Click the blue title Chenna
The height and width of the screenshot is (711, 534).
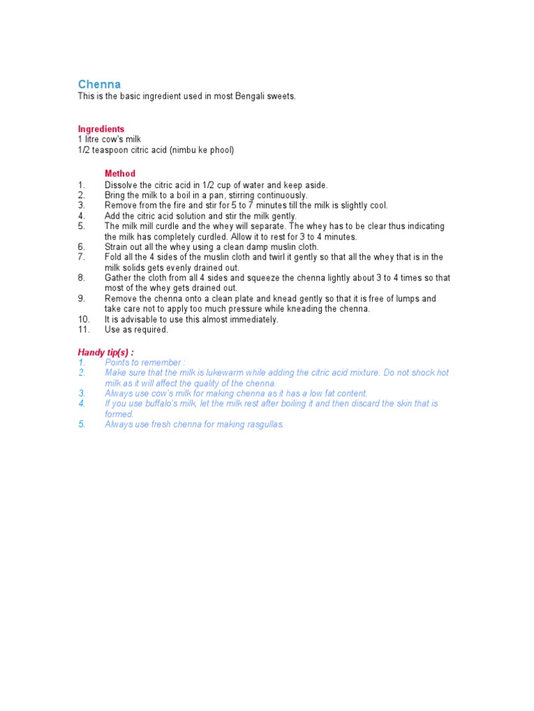pyautogui.click(x=99, y=84)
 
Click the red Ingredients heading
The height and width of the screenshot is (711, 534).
pyautogui.click(x=101, y=129)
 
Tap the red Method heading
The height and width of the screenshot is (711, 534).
pyautogui.click(x=120, y=174)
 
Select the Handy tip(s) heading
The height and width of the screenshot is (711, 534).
pyautogui.click(x=106, y=353)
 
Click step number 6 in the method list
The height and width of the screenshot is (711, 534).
pyautogui.click(x=81, y=246)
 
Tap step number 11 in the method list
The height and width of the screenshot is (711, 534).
pyautogui.click(x=83, y=330)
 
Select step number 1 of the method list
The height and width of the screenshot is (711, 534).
pyautogui.click(x=81, y=185)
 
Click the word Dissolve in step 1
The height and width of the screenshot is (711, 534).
pyautogui.click(x=122, y=185)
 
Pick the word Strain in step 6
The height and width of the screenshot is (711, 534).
pyautogui.click(x=117, y=246)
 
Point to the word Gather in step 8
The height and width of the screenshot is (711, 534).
pyautogui.click(x=119, y=278)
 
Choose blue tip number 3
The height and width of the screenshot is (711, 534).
pyautogui.click(x=82, y=393)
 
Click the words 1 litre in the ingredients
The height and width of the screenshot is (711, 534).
pyautogui.click(x=89, y=140)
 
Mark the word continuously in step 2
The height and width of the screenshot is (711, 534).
pyautogui.click(x=275, y=195)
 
